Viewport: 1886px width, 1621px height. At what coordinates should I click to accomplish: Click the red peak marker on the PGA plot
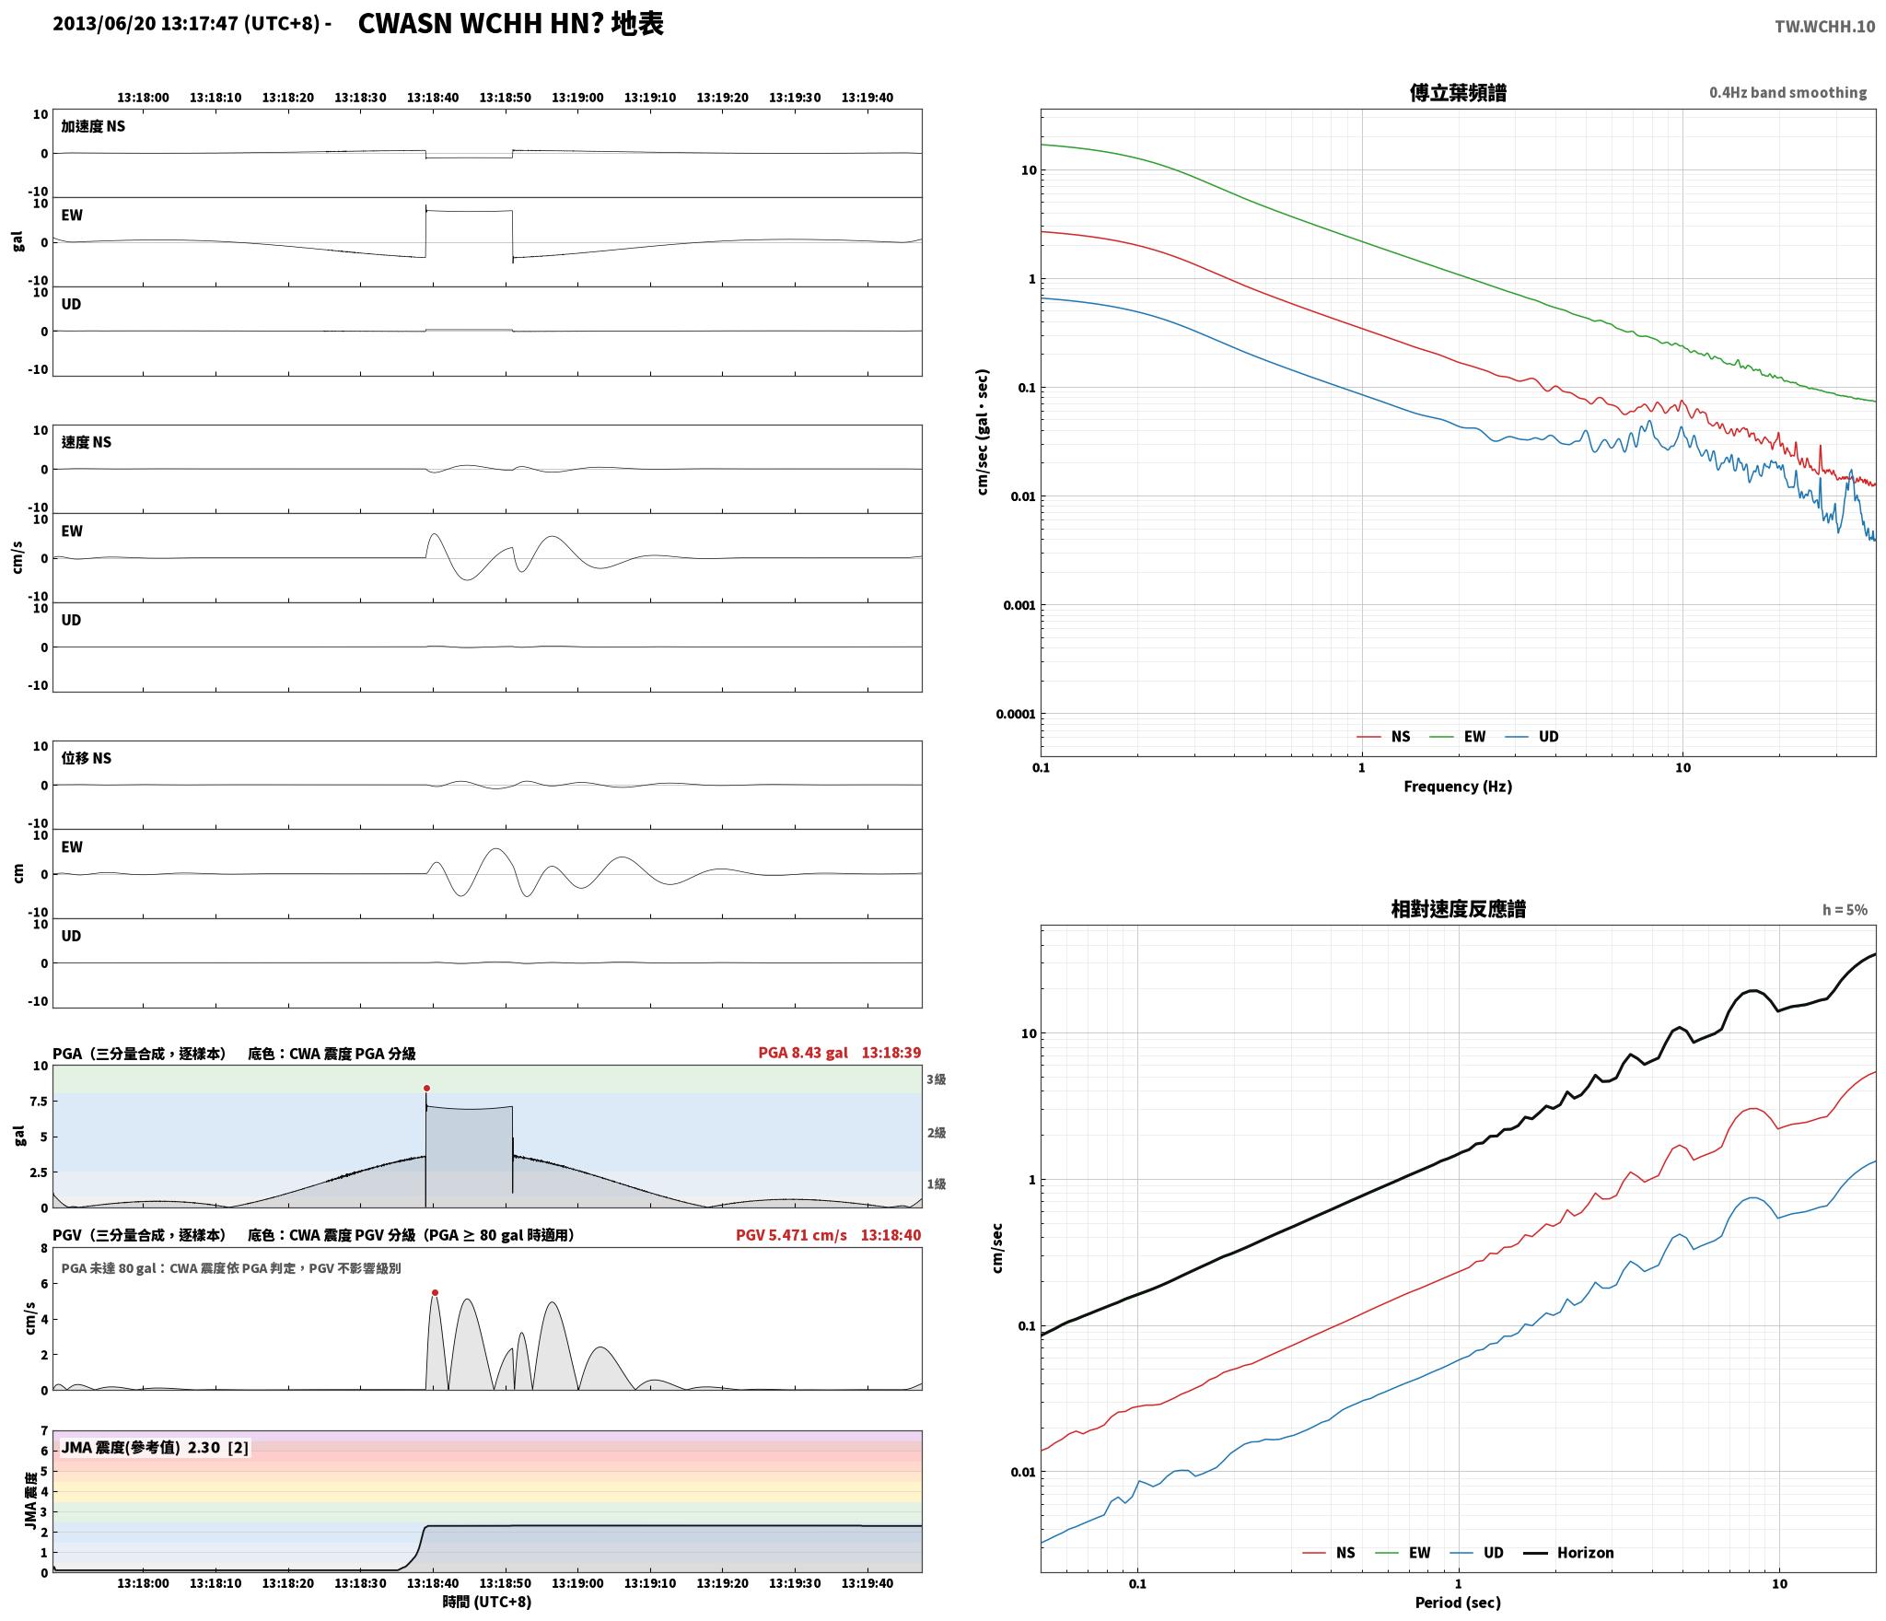pyautogui.click(x=426, y=1088)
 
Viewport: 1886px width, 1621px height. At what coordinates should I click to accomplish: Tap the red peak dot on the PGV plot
pyautogui.click(x=435, y=1292)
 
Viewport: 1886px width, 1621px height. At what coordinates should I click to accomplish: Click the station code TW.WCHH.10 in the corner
pyautogui.click(x=1824, y=26)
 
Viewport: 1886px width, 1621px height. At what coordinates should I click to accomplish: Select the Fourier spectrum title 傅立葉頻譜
pyautogui.click(x=1458, y=92)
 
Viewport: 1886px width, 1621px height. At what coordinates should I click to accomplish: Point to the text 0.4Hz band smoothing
pyautogui.click(x=1787, y=92)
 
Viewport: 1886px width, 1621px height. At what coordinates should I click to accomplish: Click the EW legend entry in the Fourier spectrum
pyautogui.click(x=1457, y=736)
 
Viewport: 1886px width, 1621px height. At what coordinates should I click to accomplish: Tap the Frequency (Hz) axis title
pyautogui.click(x=1458, y=786)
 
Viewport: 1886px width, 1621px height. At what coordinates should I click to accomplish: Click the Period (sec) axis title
pyautogui.click(x=1458, y=1602)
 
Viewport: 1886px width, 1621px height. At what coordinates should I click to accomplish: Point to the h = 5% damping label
pyautogui.click(x=1845, y=909)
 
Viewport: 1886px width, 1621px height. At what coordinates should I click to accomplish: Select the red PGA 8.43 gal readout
pyautogui.click(x=803, y=1052)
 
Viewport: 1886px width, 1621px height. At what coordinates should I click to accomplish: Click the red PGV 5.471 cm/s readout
pyautogui.click(x=791, y=1234)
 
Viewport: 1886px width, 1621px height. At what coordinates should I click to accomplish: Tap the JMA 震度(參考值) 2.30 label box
pyautogui.click(x=155, y=1447)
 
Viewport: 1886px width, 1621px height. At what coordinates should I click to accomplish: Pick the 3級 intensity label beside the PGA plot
pyautogui.click(x=937, y=1079)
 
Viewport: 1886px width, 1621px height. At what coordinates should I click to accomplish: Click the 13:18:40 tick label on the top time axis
pyautogui.click(x=433, y=98)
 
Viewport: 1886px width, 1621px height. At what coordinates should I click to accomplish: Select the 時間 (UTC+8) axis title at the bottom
pyautogui.click(x=487, y=1601)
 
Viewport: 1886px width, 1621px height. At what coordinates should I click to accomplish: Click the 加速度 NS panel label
pyautogui.click(x=93, y=126)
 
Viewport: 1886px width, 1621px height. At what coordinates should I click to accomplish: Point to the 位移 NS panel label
pyautogui.click(x=87, y=758)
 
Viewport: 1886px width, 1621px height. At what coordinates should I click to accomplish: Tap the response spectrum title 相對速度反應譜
pyautogui.click(x=1458, y=909)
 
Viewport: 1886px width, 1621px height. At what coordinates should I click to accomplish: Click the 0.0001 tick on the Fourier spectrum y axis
pyautogui.click(x=1015, y=714)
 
